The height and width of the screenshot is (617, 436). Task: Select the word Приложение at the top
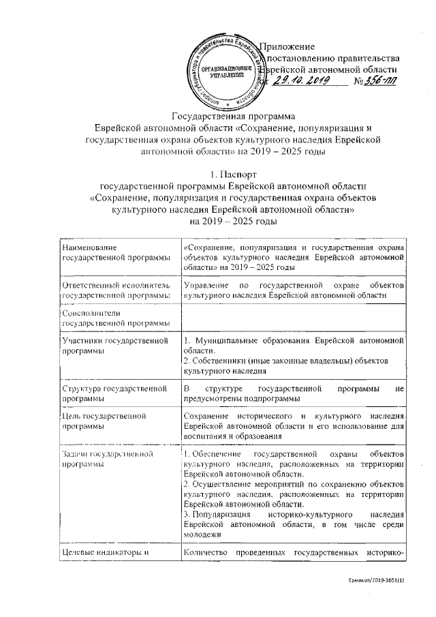[289, 47]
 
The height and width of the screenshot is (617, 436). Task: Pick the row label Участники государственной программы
[114, 345]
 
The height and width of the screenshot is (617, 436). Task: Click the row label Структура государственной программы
[114, 393]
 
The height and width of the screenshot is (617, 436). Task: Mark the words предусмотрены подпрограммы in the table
[242, 399]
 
